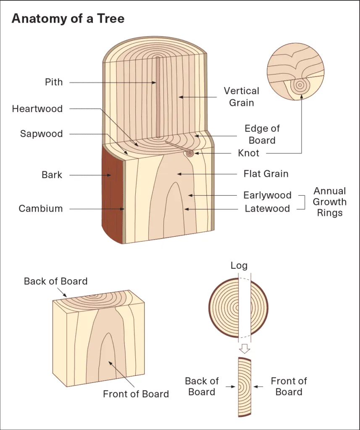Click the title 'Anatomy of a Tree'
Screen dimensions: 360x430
[x=68, y=18]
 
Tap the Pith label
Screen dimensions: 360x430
[x=54, y=82]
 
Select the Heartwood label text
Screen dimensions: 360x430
[x=37, y=109]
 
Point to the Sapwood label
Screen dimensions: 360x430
[x=42, y=134]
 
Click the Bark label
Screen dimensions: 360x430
[x=52, y=175]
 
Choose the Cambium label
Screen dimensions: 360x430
[x=41, y=208]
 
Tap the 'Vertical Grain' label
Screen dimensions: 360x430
[x=242, y=97]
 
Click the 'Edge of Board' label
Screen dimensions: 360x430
[x=262, y=134]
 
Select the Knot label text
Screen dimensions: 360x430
[x=249, y=153]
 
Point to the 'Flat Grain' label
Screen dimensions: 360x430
[x=266, y=173]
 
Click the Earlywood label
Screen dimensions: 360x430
[x=268, y=195]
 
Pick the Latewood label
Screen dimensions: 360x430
[x=268, y=208]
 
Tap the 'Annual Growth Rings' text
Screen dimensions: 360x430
[x=329, y=202]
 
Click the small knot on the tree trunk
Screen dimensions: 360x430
[x=190, y=153]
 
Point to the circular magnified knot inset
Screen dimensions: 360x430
[x=295, y=71]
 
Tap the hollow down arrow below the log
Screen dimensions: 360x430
[x=244, y=348]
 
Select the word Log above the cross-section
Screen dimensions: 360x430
[x=239, y=265]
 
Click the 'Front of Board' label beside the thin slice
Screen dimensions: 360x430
[x=289, y=386]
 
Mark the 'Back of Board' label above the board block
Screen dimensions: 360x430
[x=56, y=281]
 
